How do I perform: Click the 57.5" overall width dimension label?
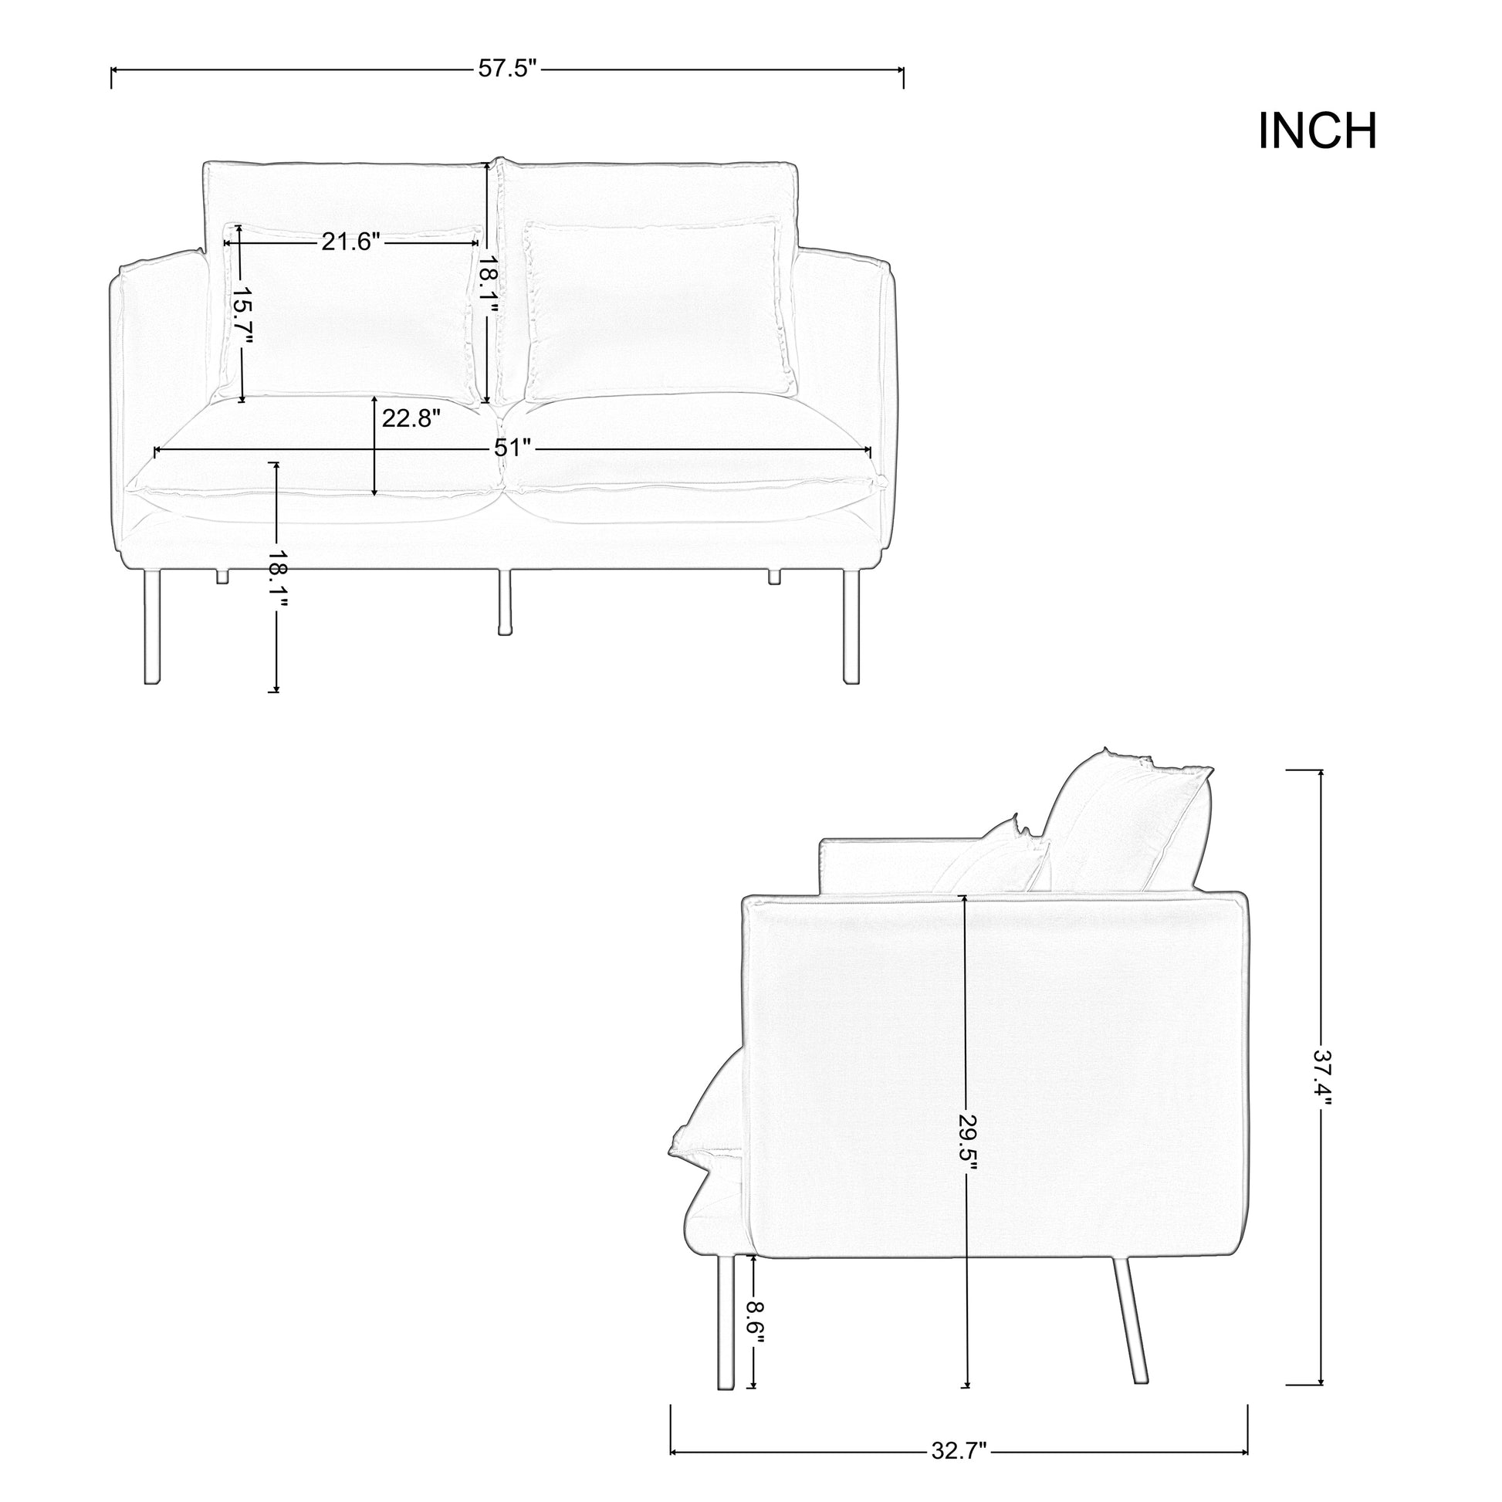pos(507,69)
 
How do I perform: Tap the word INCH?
pos(1317,130)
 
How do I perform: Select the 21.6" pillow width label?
pos(350,242)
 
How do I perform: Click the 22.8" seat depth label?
pos(411,418)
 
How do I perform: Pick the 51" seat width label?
pos(513,448)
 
